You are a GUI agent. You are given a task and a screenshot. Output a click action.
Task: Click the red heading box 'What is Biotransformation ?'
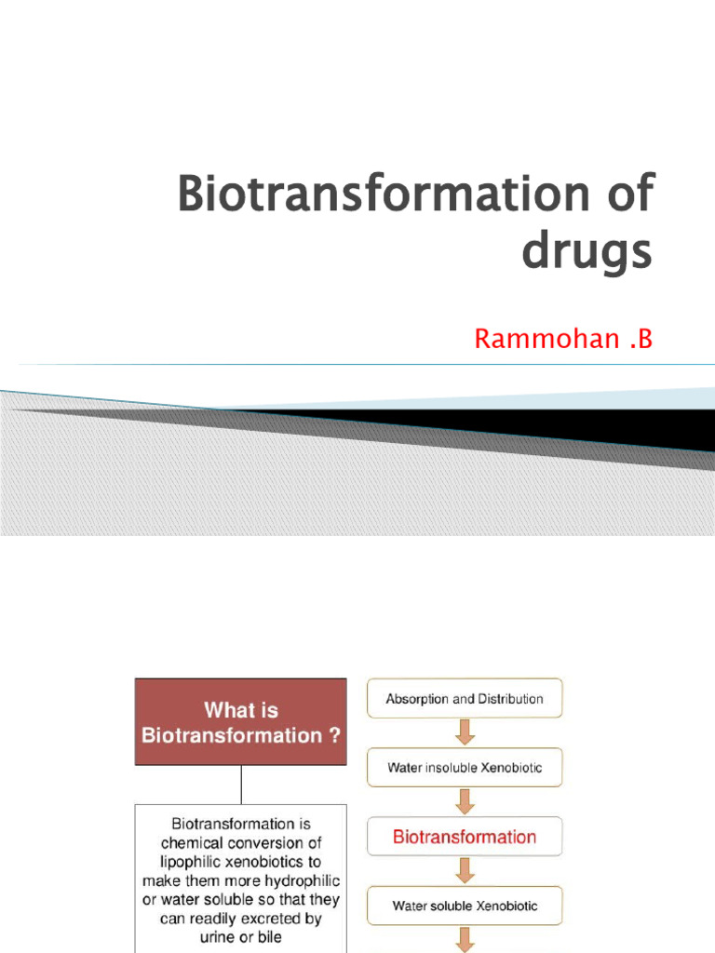241,722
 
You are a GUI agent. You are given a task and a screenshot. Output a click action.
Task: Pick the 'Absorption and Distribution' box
465,698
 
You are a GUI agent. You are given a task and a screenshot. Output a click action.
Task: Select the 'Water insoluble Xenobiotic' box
465,768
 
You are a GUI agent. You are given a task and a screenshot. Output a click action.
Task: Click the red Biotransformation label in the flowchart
465,837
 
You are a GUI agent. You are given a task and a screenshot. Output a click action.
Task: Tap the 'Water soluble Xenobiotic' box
465,905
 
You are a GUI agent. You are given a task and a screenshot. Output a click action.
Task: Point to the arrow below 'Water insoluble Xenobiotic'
465,801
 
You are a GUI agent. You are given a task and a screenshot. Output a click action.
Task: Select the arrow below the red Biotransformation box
465,870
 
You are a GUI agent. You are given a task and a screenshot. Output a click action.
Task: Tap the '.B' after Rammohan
640,340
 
